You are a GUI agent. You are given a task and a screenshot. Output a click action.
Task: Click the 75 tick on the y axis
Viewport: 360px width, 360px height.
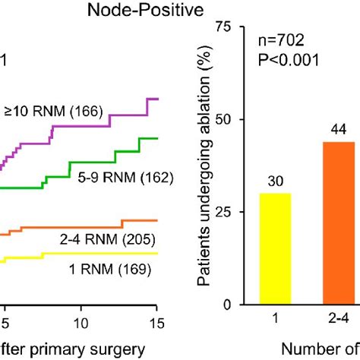(x=224, y=27)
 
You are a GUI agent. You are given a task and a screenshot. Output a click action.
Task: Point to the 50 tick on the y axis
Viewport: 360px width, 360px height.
(x=224, y=120)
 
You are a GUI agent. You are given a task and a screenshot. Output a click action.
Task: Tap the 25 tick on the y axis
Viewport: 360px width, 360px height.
(x=224, y=213)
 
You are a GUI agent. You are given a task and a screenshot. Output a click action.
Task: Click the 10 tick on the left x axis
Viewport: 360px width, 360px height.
(x=79, y=321)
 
